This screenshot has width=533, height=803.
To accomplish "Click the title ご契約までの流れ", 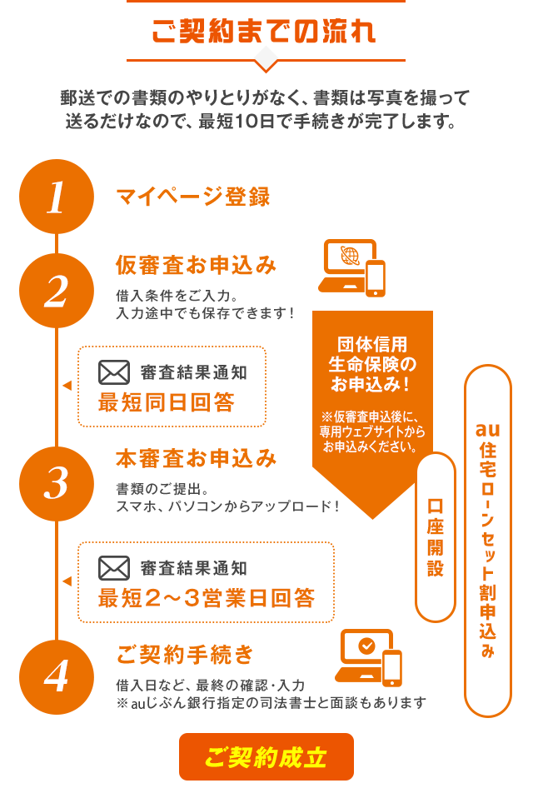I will click(x=265, y=31).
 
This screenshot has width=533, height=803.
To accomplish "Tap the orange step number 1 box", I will click(x=57, y=197).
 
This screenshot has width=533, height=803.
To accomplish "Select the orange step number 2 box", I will click(x=57, y=291).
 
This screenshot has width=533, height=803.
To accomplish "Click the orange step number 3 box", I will click(x=57, y=484).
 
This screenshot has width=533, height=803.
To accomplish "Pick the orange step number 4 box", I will click(x=57, y=676).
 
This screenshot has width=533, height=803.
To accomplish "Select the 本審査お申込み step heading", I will click(x=196, y=458).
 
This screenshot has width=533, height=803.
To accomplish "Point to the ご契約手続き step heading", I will click(x=185, y=654).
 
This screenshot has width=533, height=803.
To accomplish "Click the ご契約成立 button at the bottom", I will click(x=266, y=757).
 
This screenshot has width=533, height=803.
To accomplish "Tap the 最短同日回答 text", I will click(x=166, y=402).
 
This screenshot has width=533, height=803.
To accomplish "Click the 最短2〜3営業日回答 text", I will click(x=206, y=598).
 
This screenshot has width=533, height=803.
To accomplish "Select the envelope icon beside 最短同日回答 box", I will click(x=114, y=372).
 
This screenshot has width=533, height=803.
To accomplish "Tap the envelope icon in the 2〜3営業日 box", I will click(x=114, y=568).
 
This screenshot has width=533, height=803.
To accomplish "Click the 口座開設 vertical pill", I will click(x=435, y=537).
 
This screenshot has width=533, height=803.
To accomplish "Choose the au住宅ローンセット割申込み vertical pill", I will click(x=487, y=540).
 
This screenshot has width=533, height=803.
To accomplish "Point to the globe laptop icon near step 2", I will click(x=351, y=267).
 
